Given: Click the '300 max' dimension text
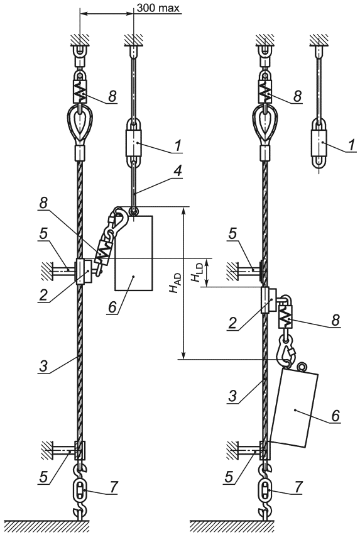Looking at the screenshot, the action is pyautogui.click(x=158, y=8).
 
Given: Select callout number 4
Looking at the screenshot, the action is pyautogui.click(x=177, y=172).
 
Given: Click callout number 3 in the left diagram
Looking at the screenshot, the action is pyautogui.click(x=43, y=367).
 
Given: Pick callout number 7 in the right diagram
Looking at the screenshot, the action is pyautogui.click(x=298, y=487).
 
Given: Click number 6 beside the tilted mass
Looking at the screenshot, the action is pyautogui.click(x=335, y=416).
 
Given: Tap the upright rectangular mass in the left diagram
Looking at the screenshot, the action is pyautogui.click(x=134, y=253).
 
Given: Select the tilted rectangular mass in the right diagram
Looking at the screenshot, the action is pyautogui.click(x=294, y=407).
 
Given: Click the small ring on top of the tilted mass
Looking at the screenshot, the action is pyautogui.click(x=302, y=367).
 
